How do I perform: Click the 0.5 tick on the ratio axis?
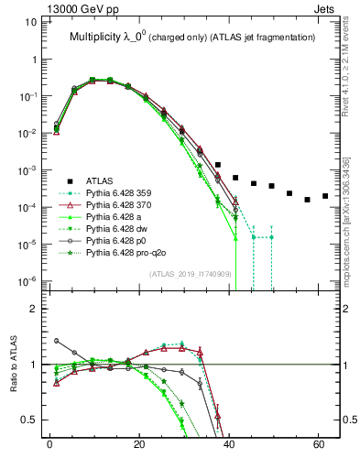coord(28,420)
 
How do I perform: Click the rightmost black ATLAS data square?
coord(325,196)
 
